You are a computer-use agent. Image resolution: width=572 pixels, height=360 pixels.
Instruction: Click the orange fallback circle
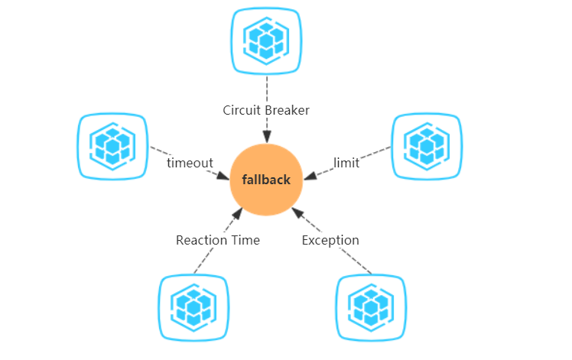tap(266, 180)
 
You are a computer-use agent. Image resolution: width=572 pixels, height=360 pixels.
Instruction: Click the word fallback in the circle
tap(266, 180)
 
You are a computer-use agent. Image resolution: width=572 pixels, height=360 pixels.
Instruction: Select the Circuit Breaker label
tap(266, 110)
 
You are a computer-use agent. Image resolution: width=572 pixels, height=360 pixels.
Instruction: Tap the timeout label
tap(190, 163)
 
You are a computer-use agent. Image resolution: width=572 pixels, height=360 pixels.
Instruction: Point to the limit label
tap(346, 163)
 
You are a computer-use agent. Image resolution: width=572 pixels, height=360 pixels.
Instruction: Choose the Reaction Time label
tap(218, 240)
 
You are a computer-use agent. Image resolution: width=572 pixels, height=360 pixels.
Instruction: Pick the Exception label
tap(330, 240)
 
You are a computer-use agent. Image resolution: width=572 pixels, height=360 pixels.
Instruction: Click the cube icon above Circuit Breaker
tap(266, 41)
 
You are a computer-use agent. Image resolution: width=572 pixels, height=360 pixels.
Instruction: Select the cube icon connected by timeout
tap(112, 146)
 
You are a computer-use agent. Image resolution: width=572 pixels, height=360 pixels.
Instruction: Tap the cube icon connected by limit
tap(427, 146)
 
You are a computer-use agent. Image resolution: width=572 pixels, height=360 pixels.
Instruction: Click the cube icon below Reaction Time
tap(193, 308)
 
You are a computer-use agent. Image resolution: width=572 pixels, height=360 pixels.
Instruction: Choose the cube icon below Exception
tap(371, 308)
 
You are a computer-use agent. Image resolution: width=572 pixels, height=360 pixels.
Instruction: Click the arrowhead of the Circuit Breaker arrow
tap(267, 137)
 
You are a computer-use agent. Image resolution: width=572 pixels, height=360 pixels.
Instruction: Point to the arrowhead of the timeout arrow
tap(223, 176)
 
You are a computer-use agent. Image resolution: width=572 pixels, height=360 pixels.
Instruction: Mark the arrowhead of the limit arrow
tap(310, 176)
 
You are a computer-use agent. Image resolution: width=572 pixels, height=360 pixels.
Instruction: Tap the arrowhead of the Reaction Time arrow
tap(238, 213)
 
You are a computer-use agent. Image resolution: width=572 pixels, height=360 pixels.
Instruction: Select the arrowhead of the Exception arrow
tap(297, 213)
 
